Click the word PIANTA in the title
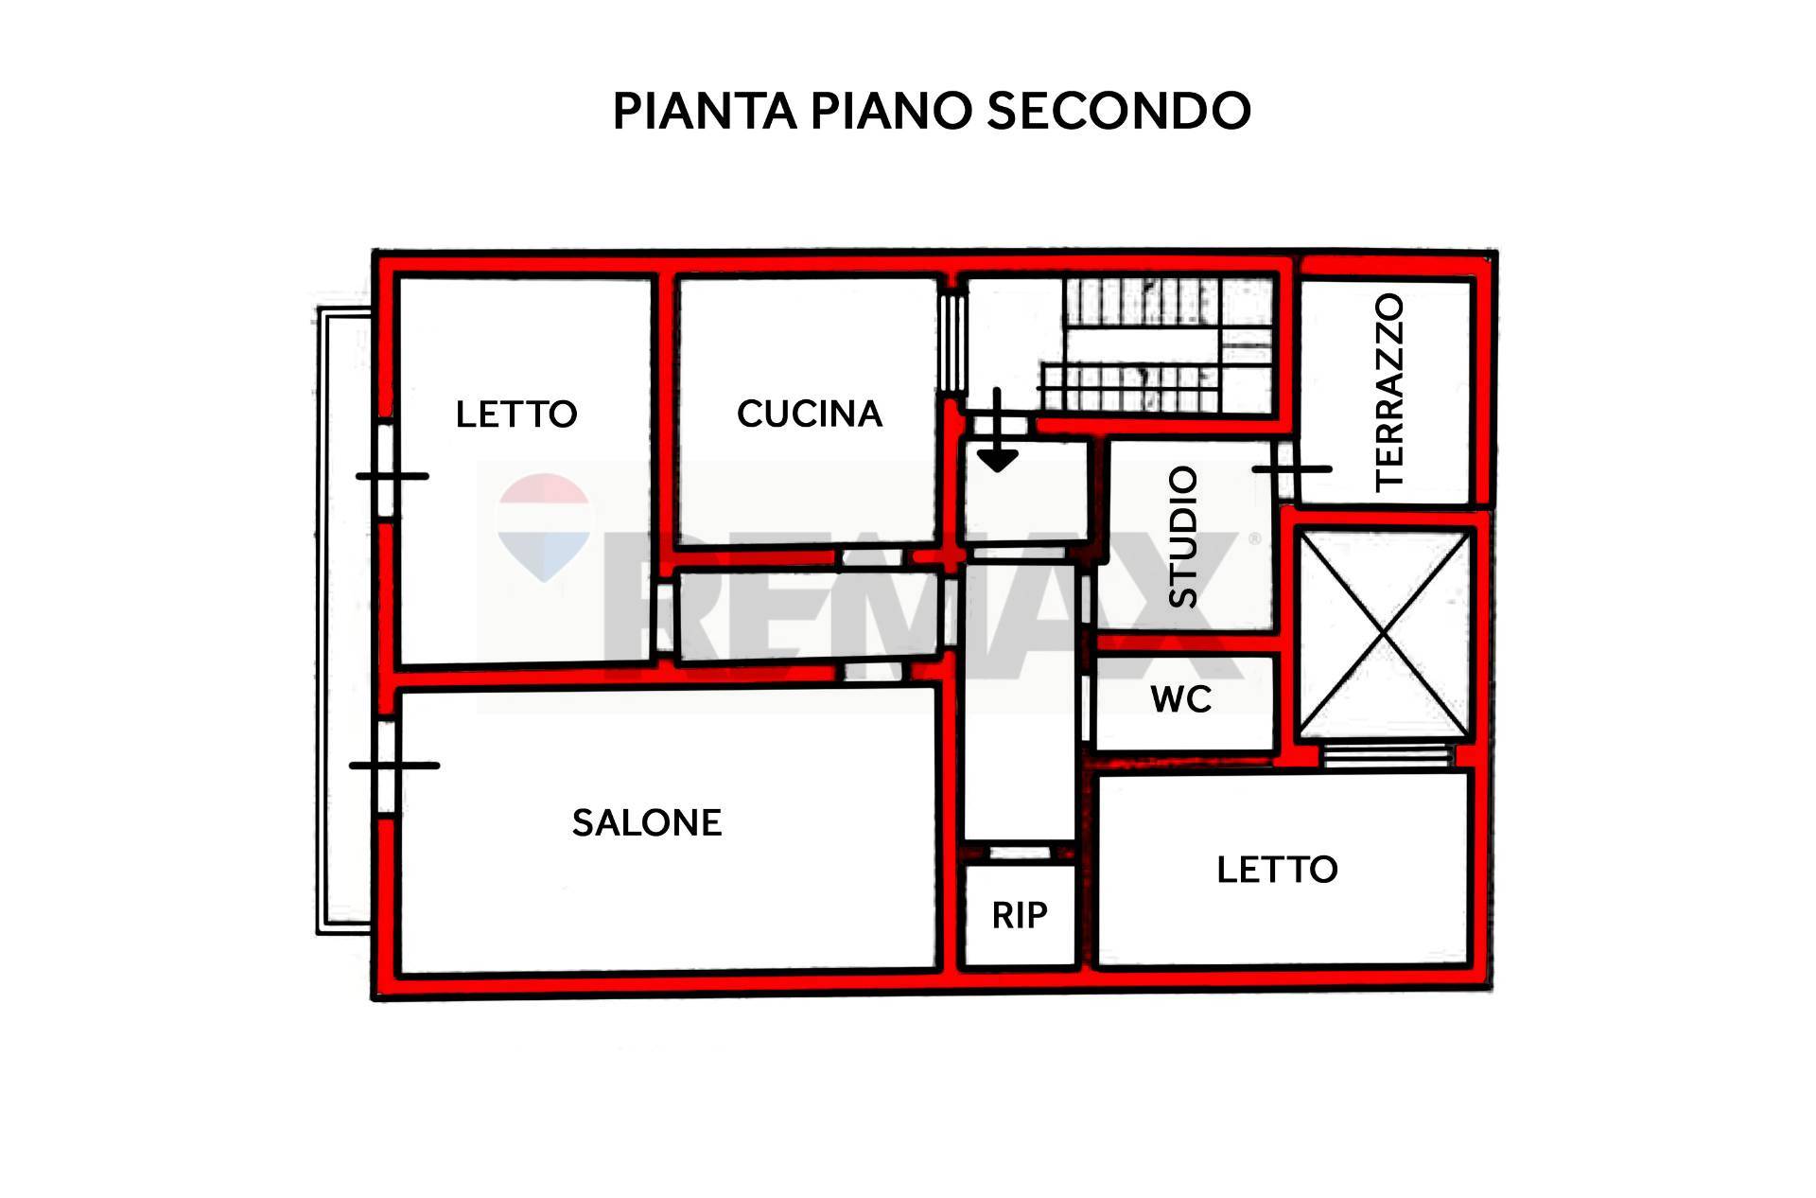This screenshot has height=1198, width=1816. point(705,111)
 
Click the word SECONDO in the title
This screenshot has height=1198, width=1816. point(1119,111)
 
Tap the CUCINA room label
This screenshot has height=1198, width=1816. point(810,414)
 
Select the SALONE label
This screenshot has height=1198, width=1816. point(647,822)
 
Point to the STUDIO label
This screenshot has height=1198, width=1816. point(1183,537)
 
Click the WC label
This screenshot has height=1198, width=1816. point(1181,699)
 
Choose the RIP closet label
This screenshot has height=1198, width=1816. point(1020,915)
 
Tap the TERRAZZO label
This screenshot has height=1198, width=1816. point(1389,392)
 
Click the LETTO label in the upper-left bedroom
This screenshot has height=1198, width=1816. point(516,414)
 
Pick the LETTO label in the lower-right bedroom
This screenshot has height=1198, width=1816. point(1277,869)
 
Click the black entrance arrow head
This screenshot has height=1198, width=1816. point(997,459)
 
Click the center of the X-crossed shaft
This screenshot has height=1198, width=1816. point(1385,634)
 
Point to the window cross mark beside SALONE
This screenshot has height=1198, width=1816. point(393,765)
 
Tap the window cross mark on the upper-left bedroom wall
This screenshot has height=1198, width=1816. point(392,476)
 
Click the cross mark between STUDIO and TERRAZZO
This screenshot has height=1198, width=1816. point(1292,468)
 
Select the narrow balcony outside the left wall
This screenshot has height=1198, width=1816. point(342,622)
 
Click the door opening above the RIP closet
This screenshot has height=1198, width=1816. point(1020,853)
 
